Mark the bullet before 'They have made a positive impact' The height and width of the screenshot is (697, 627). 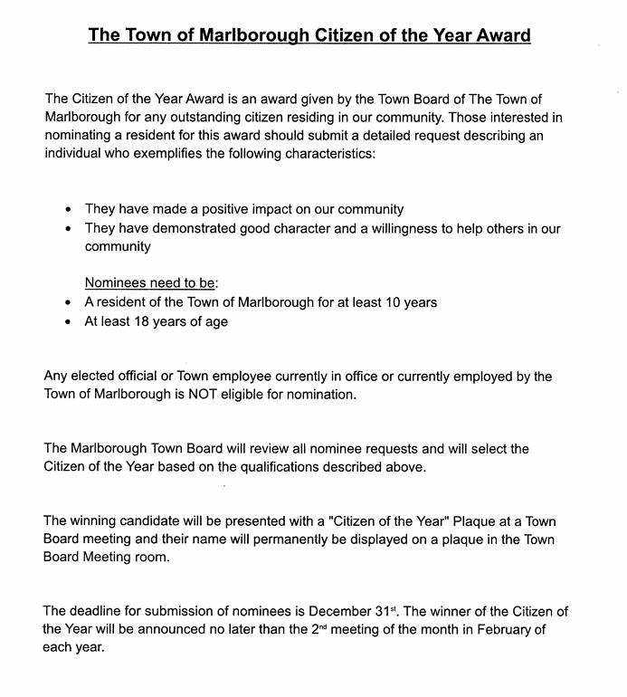(x=69, y=210)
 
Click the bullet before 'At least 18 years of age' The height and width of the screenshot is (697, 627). (x=69, y=321)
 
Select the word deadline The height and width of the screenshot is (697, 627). (x=97, y=612)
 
